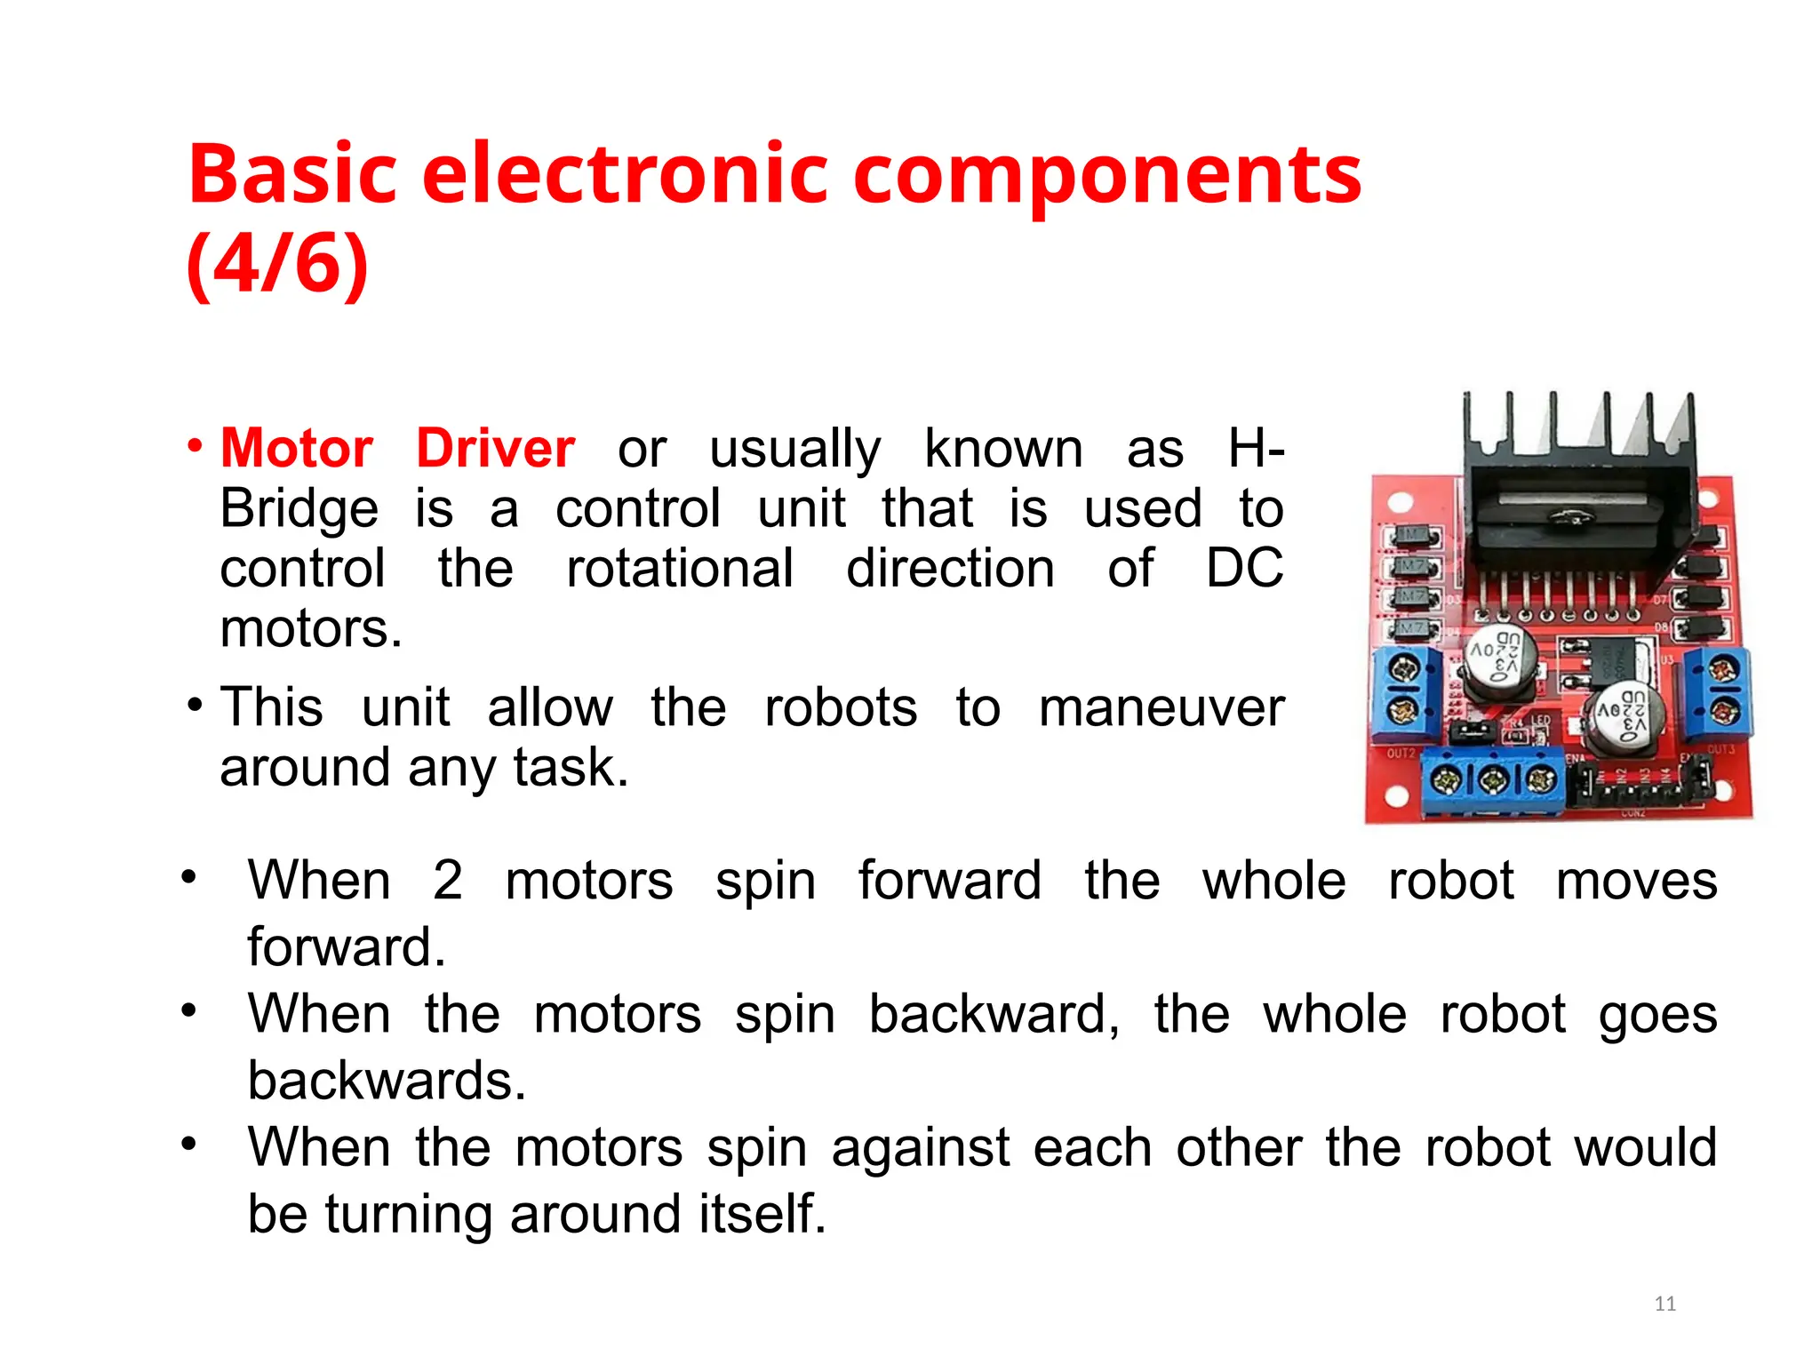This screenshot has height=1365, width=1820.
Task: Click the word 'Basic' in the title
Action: tap(292, 173)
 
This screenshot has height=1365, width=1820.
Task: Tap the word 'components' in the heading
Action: tap(1106, 173)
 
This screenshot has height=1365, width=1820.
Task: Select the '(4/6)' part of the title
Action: tap(277, 264)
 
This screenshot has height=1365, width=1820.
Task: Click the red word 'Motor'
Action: tap(297, 448)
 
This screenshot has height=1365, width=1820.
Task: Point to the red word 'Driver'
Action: tap(495, 448)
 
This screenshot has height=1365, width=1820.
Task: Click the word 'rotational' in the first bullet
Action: tap(680, 569)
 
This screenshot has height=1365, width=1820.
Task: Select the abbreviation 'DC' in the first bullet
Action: tap(1244, 569)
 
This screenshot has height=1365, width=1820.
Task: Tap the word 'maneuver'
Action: tap(1161, 708)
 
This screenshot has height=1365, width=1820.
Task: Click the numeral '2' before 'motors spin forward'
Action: tap(448, 881)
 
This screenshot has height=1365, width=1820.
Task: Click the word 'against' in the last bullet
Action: tap(921, 1147)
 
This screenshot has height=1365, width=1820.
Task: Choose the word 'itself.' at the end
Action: tap(762, 1214)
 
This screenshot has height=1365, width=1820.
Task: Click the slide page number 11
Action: tap(1664, 1304)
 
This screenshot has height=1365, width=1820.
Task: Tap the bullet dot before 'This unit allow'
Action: tap(195, 706)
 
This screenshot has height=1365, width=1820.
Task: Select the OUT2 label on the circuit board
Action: tap(1401, 754)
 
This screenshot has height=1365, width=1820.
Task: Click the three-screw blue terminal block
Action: tap(1494, 780)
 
